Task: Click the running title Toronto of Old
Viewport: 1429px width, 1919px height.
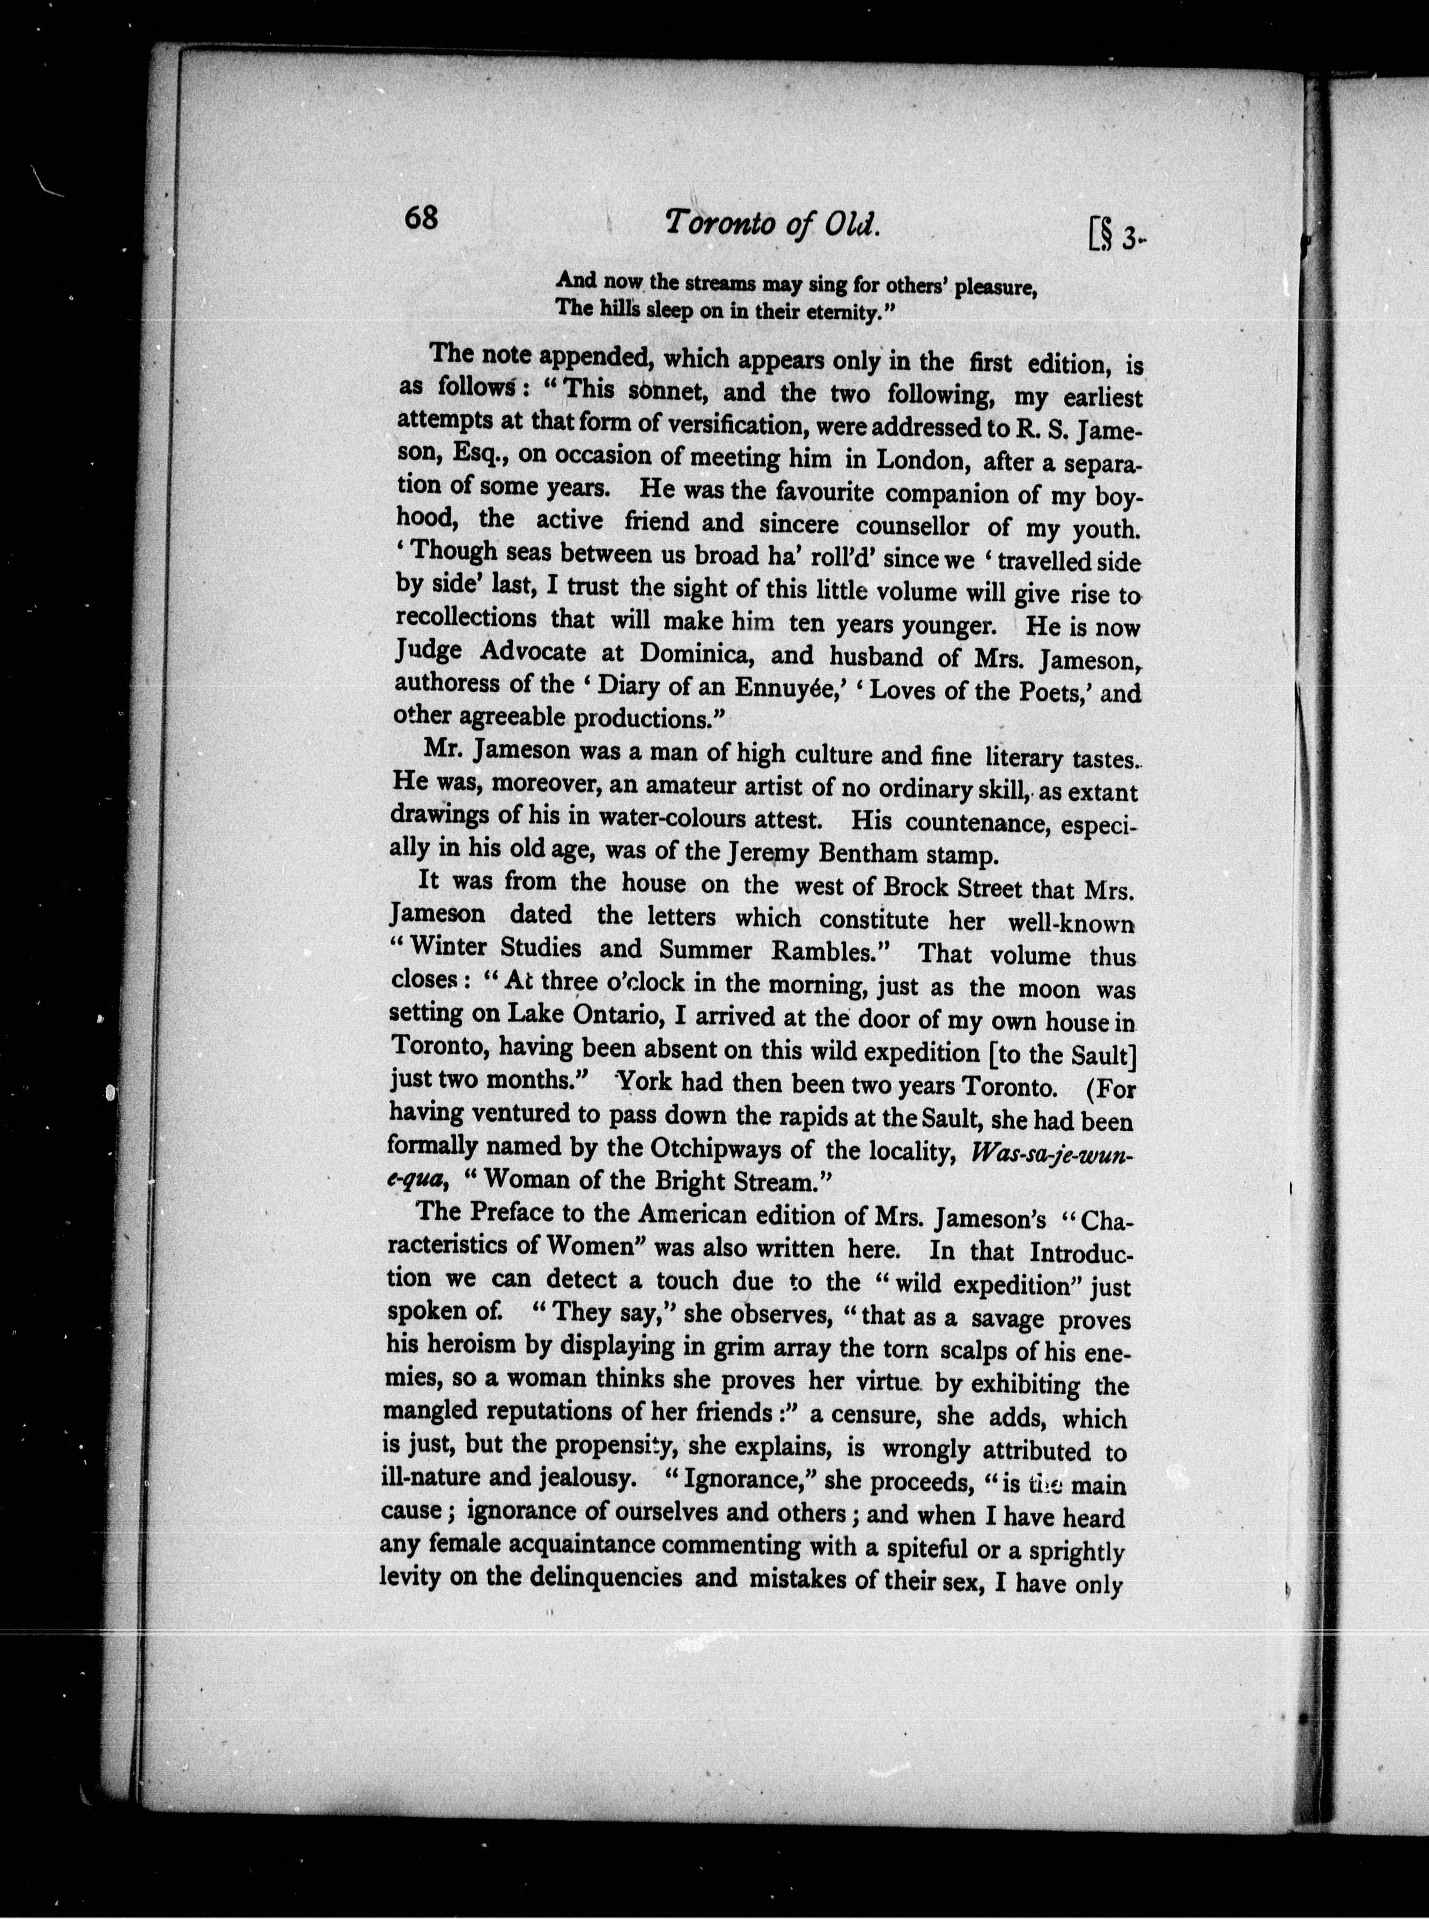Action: (772, 224)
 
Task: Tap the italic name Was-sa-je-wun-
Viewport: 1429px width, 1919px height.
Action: (1052, 1155)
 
